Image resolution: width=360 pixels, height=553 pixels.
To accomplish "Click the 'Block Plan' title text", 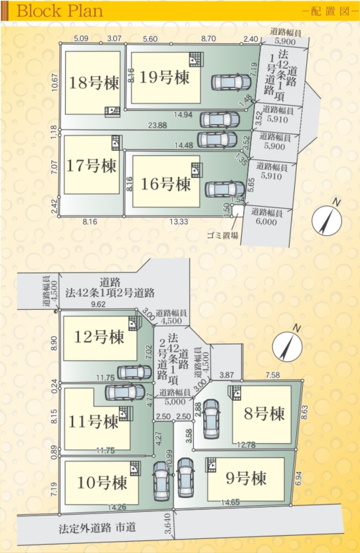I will point(60,11).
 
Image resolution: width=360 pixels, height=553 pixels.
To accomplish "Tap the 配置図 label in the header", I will point(329,11).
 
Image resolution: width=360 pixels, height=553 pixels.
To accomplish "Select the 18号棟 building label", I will point(94,83).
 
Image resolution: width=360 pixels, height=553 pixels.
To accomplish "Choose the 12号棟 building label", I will point(99,337).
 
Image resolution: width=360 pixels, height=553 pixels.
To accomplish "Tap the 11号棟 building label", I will point(93,421).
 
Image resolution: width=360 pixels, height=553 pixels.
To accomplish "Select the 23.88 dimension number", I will point(157,126).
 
